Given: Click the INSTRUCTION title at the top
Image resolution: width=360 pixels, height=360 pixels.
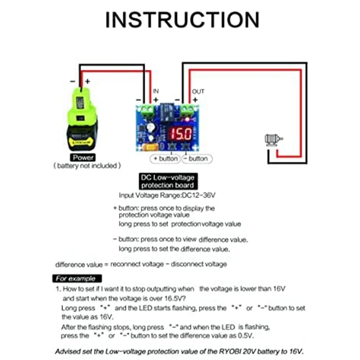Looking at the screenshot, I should click(182, 20).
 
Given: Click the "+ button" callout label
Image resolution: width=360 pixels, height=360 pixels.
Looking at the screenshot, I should click(165, 159).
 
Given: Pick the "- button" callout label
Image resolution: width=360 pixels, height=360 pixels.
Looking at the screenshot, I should click(196, 159).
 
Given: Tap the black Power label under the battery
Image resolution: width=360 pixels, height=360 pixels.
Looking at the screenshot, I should click(83, 157).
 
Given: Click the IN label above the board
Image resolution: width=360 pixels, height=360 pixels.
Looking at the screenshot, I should click(156, 91).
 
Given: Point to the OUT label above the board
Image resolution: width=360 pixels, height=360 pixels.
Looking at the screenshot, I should click(198, 91).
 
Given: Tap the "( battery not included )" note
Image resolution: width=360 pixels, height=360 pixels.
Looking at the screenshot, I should click(86, 166).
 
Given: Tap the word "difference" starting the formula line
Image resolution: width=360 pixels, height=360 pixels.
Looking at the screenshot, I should click(71, 264).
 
